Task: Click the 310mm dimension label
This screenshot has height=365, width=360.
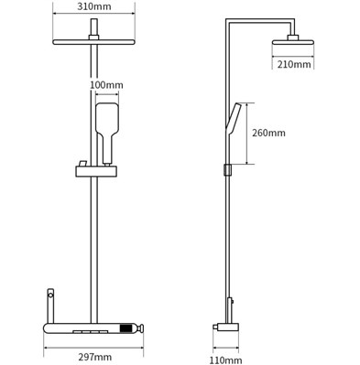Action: [94, 6]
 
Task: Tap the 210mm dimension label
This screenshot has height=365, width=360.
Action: [294, 64]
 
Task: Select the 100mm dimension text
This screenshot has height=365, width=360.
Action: [106, 85]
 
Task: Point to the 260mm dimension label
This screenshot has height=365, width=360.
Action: [268, 133]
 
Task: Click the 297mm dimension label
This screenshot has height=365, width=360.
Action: [94, 357]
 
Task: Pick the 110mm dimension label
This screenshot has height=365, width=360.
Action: [225, 360]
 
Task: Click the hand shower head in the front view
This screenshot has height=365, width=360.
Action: [107, 120]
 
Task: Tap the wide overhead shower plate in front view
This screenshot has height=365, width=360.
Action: [94, 42]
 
